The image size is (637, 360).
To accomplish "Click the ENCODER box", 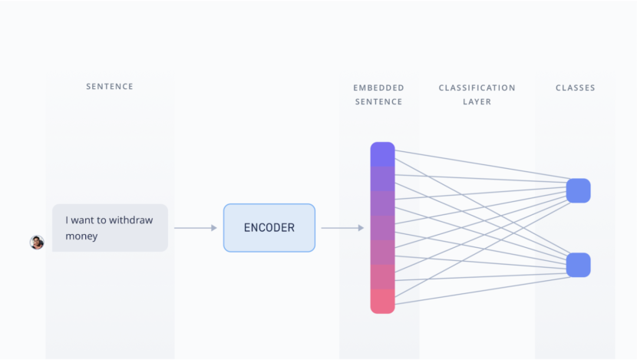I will tap(269, 228).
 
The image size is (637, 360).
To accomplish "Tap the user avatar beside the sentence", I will tap(37, 243).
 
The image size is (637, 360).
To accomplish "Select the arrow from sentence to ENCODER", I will tap(195, 228).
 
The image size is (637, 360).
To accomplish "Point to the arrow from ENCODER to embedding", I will tap(342, 228).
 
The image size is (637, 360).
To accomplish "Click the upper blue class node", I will tap(578, 190).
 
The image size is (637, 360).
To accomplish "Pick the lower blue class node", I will tap(578, 265).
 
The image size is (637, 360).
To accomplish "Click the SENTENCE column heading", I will tap(110, 87).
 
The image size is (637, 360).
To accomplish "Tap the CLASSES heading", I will tap(575, 88).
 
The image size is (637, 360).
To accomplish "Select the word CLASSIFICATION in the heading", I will tap(477, 88).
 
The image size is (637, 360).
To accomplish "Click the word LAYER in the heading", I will tap(477, 101).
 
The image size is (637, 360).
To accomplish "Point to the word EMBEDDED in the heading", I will tap(378, 88).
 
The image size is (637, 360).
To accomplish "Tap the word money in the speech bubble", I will tap(81, 236).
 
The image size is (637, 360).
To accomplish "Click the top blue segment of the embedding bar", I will tap(382, 154).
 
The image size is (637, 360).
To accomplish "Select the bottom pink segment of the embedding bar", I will tap(382, 301).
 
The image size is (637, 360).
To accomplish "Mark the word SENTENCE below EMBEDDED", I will tap(378, 101).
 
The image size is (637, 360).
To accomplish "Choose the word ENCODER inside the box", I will tap(269, 228).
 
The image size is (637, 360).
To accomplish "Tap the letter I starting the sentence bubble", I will tap(67, 220).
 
